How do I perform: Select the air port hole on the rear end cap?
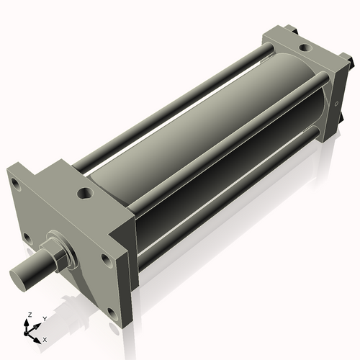tap(303, 48)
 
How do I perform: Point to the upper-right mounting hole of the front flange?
tap(105, 258)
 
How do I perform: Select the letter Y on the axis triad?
tap(44, 318)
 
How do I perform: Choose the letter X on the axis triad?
tap(45, 338)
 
